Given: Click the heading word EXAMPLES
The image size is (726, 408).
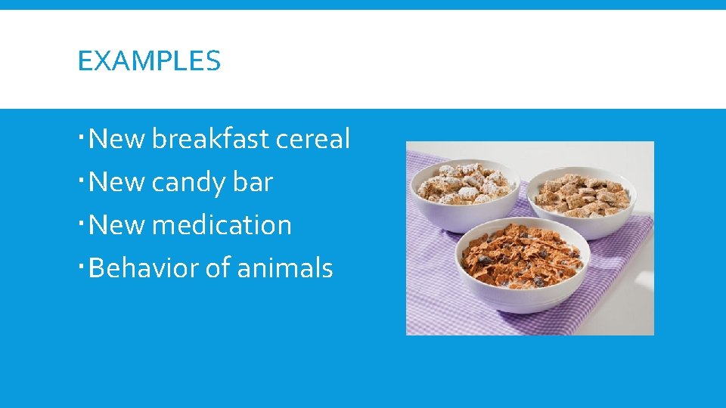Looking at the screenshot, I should coord(149,60).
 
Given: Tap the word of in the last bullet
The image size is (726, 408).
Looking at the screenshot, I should coord(216,268).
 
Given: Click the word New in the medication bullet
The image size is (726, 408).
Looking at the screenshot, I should coord(117,225).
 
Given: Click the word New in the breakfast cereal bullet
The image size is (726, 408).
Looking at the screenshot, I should coord(117,139).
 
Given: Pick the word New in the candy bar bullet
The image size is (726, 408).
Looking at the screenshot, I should coord(117,182).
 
